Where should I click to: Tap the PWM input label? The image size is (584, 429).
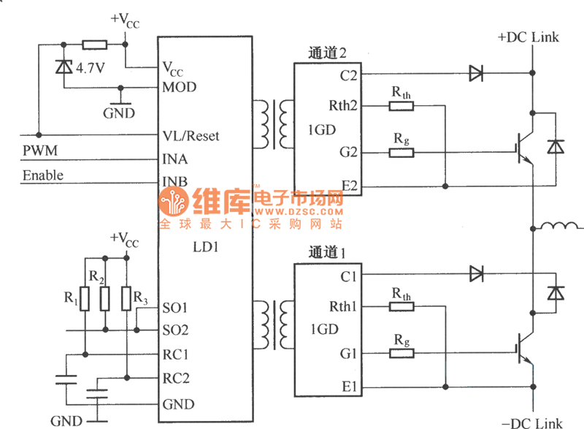click(x=36, y=151)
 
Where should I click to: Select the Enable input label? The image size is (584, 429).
click(x=43, y=175)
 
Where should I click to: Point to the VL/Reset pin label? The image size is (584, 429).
click(x=191, y=136)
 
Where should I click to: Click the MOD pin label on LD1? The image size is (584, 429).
click(x=179, y=87)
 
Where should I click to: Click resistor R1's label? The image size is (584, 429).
click(x=70, y=297)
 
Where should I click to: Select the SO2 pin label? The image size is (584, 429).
click(x=175, y=330)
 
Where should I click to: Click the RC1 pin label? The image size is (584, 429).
click(x=175, y=354)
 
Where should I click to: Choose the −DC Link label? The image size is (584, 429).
click(x=532, y=422)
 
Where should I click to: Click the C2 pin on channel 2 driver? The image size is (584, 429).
click(x=348, y=74)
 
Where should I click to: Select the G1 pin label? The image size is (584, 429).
click(x=348, y=354)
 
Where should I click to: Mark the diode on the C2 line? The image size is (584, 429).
click(x=477, y=73)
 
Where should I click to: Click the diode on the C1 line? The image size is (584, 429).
click(x=477, y=275)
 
